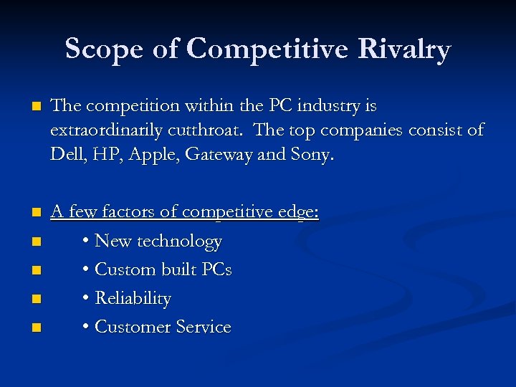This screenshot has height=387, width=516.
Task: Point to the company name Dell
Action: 67,155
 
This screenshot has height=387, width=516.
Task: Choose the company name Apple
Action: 152,155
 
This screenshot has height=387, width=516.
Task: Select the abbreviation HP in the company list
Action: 106,155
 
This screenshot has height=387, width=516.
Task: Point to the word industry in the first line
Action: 328,106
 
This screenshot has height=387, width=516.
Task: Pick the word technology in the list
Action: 179,242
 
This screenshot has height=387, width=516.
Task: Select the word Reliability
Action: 133,299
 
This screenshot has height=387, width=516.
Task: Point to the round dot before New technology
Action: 86,242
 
